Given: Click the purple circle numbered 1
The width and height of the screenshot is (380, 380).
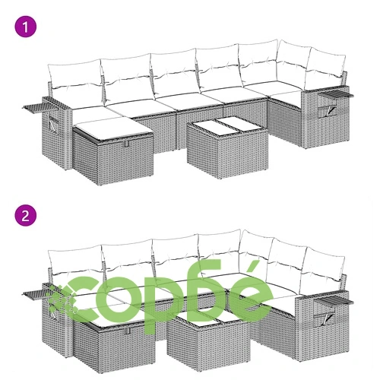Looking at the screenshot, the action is click(26, 27).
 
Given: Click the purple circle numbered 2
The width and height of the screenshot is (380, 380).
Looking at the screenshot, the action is click(26, 216).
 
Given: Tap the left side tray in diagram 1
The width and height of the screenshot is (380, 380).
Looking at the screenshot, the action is click(33, 106).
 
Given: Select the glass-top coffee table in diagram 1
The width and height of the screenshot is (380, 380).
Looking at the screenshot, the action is click(227, 147).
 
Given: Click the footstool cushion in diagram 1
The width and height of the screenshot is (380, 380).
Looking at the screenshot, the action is click(113, 128).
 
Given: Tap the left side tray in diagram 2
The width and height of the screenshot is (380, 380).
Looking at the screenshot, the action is click(32, 295).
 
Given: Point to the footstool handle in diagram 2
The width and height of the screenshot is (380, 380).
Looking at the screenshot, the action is click(127, 331).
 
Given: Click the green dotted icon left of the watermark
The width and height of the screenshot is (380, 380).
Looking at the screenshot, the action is click(62, 299).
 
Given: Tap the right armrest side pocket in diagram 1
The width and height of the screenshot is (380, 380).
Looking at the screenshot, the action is click(328, 112).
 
